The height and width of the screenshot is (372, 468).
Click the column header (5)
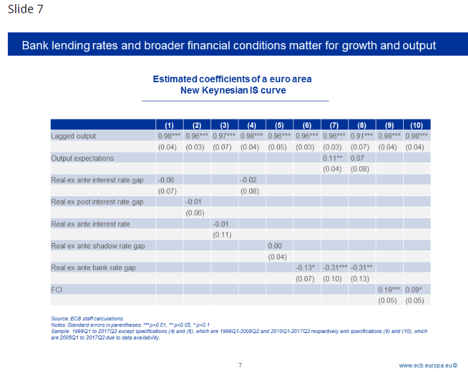click(279, 125)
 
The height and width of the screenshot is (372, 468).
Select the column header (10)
click(416, 125)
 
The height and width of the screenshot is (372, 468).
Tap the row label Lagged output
click(73, 136)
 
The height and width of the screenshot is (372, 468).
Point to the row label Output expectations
click(82, 158)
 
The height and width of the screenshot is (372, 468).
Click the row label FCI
click(58, 289)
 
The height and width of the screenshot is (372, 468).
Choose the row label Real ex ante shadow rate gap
click(98, 246)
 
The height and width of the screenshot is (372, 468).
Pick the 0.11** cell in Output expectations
click(332, 158)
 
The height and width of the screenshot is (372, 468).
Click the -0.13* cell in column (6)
click(306, 268)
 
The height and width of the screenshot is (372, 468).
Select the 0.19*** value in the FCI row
click(389, 289)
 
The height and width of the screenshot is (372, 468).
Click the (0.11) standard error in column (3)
click(222, 235)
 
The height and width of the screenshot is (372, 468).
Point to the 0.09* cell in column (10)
click(415, 289)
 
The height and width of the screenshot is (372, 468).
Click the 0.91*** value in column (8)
click(362, 136)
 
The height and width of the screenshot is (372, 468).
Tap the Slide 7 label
click(25, 10)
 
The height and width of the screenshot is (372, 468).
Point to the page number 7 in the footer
click(240, 365)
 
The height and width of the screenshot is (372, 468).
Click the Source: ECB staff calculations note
click(87, 317)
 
